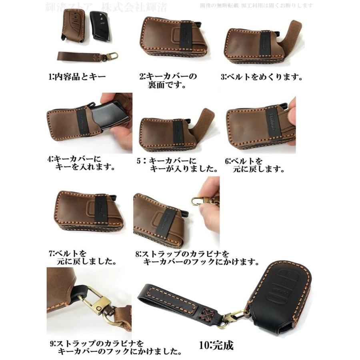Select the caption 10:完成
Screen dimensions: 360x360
(216, 344)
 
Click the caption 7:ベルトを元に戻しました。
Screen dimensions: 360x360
(82, 258)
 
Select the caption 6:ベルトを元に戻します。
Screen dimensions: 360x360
(254, 165)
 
